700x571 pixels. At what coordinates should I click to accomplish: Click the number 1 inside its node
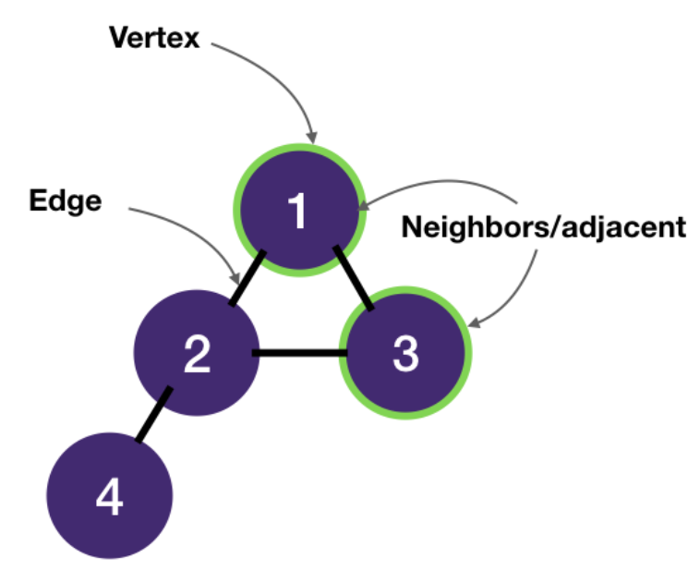pos(297,211)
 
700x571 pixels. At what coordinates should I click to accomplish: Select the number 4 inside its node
pos(109,500)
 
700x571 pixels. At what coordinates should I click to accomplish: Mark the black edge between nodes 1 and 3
pos(354,277)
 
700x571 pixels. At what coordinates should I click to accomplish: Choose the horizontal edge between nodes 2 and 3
pos(299,352)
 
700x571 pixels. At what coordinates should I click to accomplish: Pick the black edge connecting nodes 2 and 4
pos(153,415)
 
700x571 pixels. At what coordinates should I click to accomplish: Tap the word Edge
pos(65,200)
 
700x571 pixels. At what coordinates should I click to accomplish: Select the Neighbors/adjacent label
pos(544,227)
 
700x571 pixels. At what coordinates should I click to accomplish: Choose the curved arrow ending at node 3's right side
pos(523,286)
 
